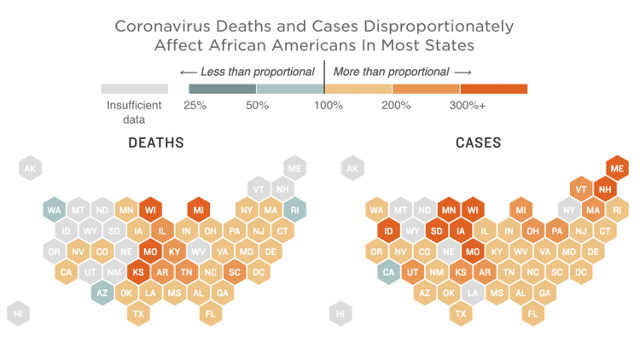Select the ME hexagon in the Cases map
(617, 168)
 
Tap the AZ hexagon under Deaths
(102, 293)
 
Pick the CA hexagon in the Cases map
(389, 271)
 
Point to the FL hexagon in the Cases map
(533, 313)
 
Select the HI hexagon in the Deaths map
(19, 313)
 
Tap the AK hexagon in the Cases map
(352, 168)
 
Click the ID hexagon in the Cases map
(389, 230)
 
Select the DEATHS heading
(156, 142)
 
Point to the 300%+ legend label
(467, 106)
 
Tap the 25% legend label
(195, 106)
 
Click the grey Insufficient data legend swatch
(134, 89)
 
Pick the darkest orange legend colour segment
(493, 89)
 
